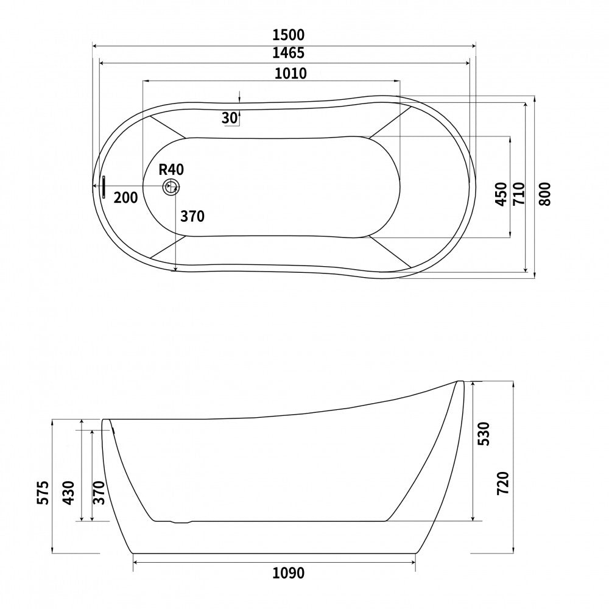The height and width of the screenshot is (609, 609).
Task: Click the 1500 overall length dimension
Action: tap(289, 35)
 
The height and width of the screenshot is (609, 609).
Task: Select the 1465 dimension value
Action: tap(289, 53)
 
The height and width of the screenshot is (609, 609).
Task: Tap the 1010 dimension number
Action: tap(290, 74)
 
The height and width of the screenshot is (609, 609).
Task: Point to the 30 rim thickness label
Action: tap(229, 118)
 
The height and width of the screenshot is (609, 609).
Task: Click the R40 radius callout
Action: tap(171, 170)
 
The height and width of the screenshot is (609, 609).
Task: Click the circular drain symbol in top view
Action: tap(171, 187)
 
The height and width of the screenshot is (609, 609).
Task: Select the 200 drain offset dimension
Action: tap(125, 197)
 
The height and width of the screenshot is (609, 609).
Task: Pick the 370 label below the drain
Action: tap(192, 216)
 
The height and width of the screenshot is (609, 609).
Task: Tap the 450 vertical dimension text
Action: tap(501, 194)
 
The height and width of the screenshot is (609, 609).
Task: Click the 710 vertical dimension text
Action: tap(518, 194)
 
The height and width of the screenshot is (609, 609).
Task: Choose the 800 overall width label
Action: tap(544, 194)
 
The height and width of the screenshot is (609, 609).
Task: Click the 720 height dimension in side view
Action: tap(502, 482)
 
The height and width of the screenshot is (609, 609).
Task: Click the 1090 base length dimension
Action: tap(288, 574)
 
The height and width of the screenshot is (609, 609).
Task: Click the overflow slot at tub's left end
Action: tap(104, 187)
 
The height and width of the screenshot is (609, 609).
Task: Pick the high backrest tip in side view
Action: tap(460, 382)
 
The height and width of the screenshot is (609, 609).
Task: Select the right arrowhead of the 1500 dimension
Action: tap(473, 44)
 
